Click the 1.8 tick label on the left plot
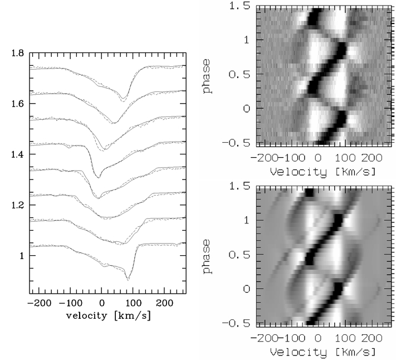[x=19, y=54]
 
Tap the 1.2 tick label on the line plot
[x=19, y=206]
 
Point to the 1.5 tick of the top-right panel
[x=242, y=7]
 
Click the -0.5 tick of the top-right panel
[x=239, y=142]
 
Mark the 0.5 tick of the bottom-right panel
[x=242, y=254]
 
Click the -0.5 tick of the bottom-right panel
[x=239, y=323]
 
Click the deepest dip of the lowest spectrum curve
[x=129, y=279]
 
